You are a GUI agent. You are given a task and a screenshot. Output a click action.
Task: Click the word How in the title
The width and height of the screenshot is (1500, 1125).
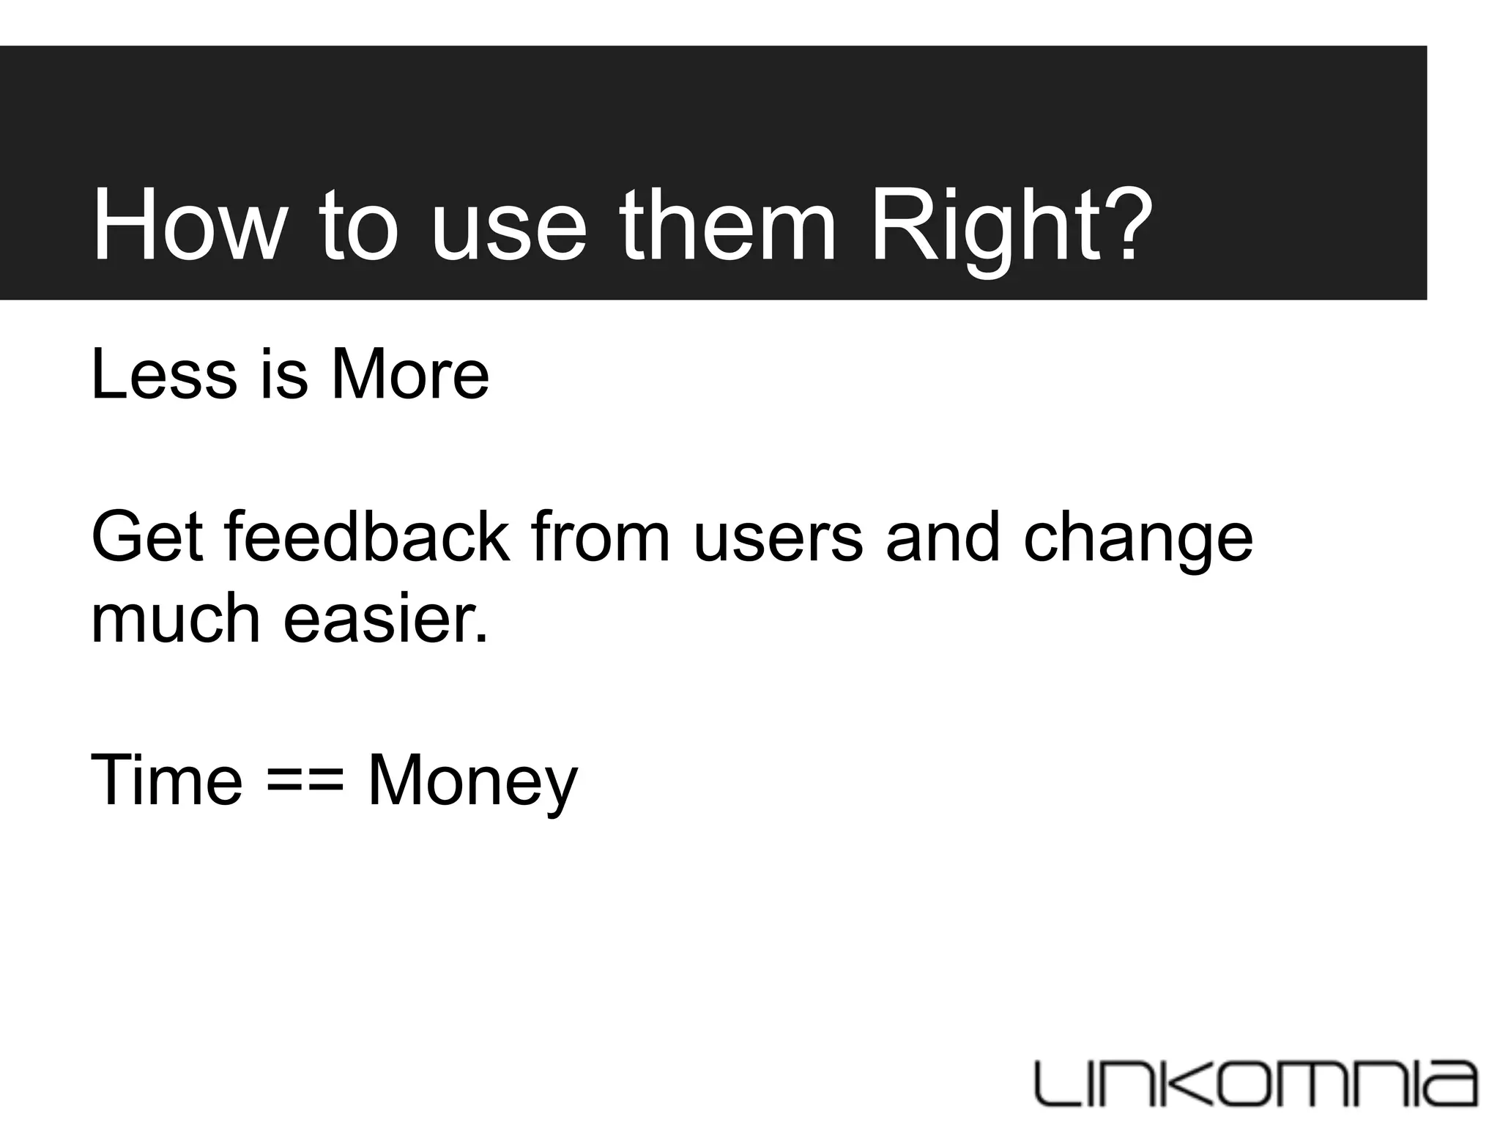point(185,225)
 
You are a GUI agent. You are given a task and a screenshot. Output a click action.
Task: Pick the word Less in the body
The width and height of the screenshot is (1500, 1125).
point(164,374)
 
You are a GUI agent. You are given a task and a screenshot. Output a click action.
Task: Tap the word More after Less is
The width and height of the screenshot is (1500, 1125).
point(409,374)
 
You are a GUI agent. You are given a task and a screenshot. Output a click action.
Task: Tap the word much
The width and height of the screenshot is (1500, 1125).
point(175,619)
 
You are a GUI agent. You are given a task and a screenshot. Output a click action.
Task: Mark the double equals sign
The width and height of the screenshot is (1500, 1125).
point(305,782)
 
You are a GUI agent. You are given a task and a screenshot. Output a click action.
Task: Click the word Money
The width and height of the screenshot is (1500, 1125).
point(472,782)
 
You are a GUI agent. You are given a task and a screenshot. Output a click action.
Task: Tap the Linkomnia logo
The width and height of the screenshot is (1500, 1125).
point(1255,1082)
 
